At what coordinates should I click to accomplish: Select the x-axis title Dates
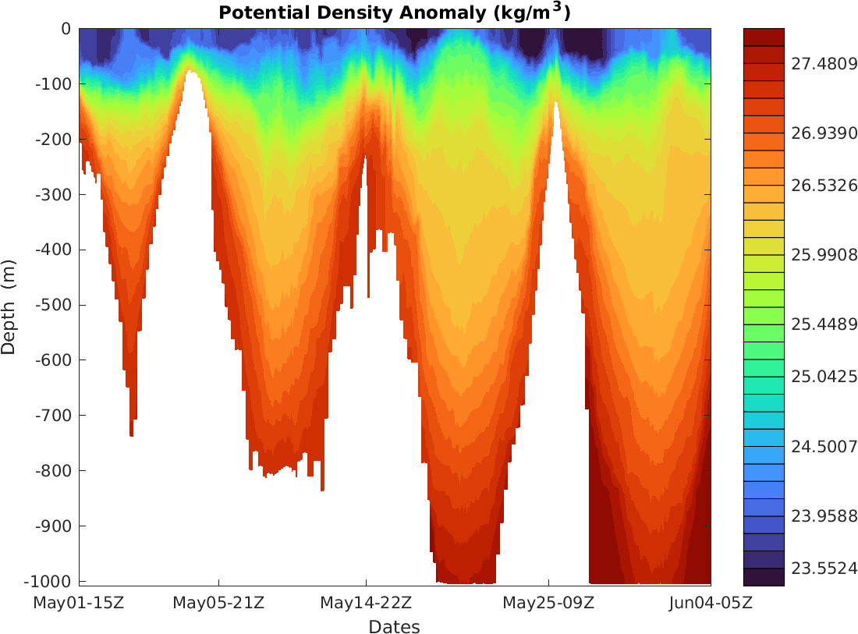pos(394,627)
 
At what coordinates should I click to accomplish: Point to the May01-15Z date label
pos(79,603)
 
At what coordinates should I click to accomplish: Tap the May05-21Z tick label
pos(218,603)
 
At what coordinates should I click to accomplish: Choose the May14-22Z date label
pos(366,603)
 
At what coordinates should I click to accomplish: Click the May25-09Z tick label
pos(548,603)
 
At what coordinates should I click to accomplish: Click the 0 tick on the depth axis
pos(66,29)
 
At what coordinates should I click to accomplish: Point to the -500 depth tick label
pos(55,305)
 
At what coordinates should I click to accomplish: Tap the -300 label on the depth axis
pos(55,194)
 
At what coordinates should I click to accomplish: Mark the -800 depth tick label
pos(55,471)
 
